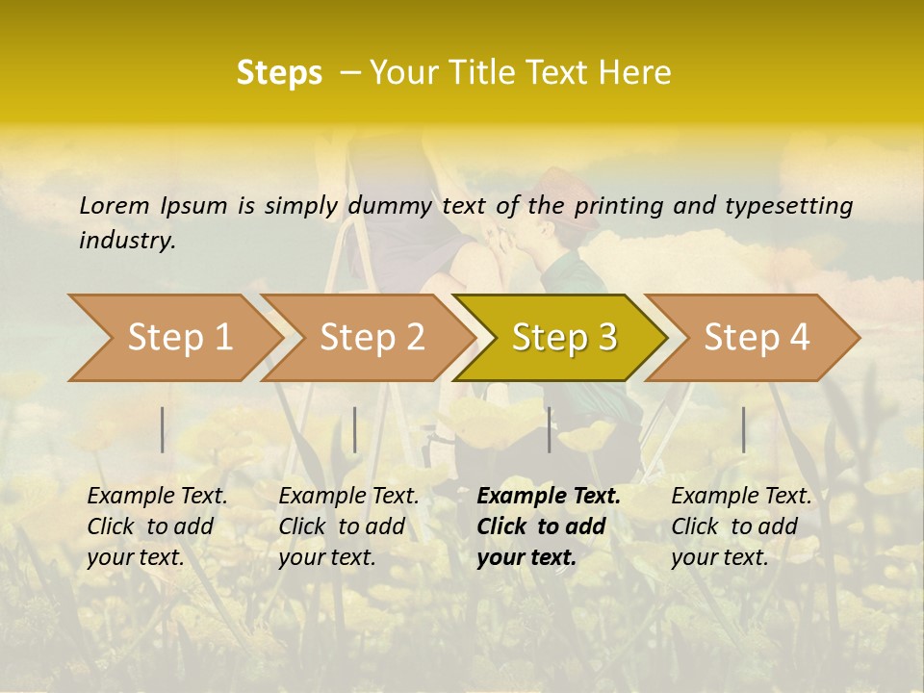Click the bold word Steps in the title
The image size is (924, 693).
tap(279, 73)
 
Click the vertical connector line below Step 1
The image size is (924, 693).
tap(163, 429)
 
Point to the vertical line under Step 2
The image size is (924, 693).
tap(355, 429)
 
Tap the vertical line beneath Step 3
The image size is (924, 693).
tap(549, 429)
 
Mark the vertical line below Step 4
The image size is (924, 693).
tap(743, 429)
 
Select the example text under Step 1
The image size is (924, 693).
tap(157, 526)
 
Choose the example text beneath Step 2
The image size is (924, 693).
tap(348, 526)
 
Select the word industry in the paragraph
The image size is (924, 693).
tap(126, 241)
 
